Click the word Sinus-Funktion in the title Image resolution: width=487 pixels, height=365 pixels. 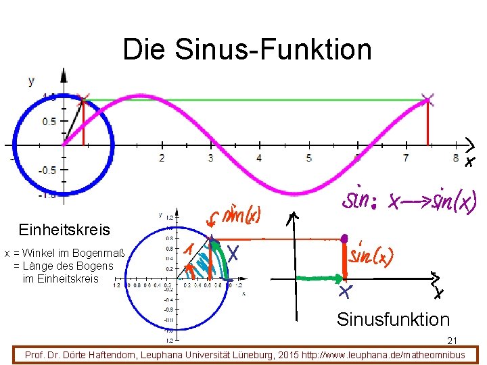(x=273, y=49)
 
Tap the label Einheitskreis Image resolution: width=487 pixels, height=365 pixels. (x=65, y=230)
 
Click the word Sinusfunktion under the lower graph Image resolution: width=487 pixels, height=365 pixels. (x=393, y=319)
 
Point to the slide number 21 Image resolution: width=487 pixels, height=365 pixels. (x=453, y=341)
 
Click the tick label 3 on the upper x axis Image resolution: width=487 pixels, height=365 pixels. (x=210, y=158)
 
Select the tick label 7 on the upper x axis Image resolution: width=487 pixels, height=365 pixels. (x=406, y=158)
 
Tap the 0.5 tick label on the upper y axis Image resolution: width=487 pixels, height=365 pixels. (x=49, y=122)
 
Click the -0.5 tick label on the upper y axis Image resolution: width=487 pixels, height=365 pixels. (x=47, y=170)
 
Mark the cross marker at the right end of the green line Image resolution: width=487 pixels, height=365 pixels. (x=427, y=100)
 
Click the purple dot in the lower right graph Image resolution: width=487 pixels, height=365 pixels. (x=344, y=239)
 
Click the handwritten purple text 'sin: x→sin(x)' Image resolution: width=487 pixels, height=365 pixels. (x=410, y=200)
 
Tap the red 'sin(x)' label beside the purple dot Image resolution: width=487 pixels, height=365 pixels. (x=371, y=256)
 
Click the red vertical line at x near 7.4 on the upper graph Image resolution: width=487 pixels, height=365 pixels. (x=427, y=125)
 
